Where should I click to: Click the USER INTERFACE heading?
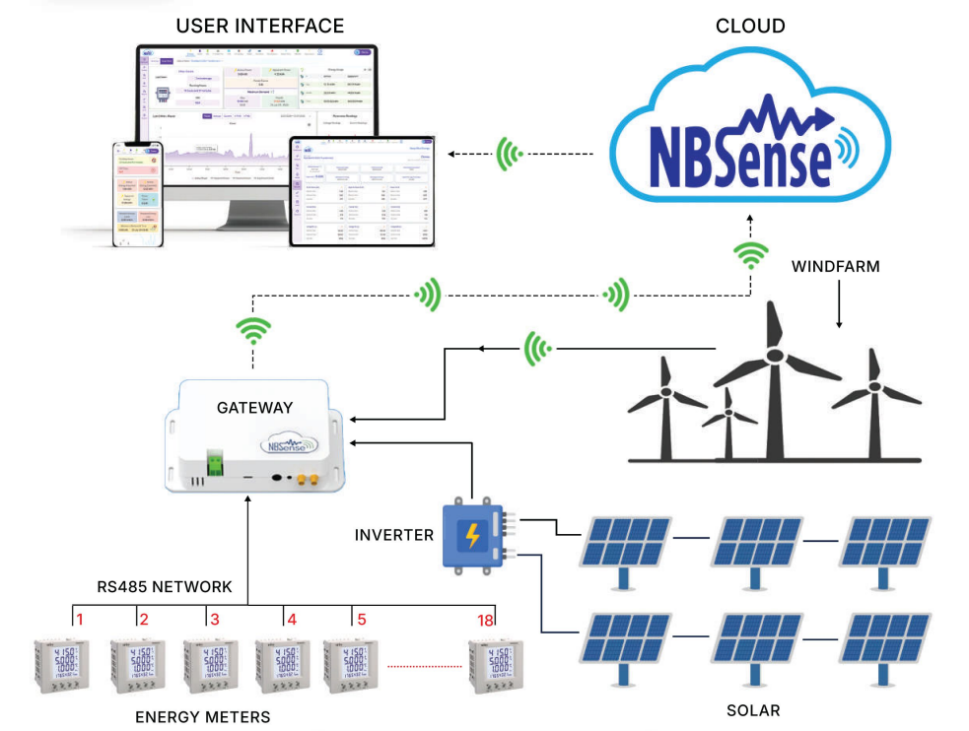click(x=260, y=26)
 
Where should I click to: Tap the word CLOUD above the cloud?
click(x=750, y=25)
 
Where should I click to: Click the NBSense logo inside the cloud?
click(x=737, y=148)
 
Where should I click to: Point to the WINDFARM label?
click(x=836, y=267)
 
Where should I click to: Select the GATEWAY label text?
click(x=254, y=407)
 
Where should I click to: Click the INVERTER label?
click(x=394, y=535)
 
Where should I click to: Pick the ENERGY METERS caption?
click(x=202, y=716)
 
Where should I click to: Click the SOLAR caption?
click(x=752, y=710)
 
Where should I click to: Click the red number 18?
click(x=484, y=620)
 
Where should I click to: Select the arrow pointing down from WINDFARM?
click(x=839, y=304)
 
